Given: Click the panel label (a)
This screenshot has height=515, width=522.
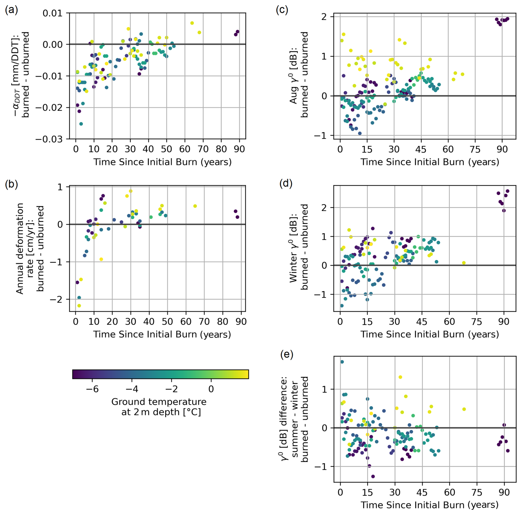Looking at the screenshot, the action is (11, 10).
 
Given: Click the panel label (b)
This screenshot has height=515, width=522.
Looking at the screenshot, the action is (11, 184).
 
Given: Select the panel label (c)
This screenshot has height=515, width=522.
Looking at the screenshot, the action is (282, 10).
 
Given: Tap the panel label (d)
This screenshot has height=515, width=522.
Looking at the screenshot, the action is (286, 183).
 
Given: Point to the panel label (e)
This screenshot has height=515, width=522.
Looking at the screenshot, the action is (287, 354).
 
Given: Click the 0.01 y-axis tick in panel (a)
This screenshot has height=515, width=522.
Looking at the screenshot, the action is (53, 13).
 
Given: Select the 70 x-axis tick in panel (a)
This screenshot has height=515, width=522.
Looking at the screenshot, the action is (203, 149).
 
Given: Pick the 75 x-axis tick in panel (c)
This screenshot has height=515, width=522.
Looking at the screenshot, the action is (475, 149).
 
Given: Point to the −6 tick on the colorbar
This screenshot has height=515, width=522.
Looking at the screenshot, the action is (92, 389).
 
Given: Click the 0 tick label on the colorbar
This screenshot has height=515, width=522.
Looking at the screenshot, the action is (211, 389).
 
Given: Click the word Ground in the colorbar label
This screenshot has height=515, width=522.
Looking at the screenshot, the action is (127, 402).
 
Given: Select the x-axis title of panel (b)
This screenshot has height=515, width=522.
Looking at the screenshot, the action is (162, 334).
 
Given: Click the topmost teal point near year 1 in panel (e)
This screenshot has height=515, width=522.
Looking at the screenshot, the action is (342, 362).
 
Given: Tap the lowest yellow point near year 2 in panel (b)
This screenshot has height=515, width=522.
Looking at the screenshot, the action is (79, 306).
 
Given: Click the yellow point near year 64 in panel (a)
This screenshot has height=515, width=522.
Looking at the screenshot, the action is (192, 23).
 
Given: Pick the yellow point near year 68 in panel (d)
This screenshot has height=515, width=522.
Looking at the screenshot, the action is (464, 263).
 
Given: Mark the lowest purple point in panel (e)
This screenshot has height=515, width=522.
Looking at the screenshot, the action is (373, 476).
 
